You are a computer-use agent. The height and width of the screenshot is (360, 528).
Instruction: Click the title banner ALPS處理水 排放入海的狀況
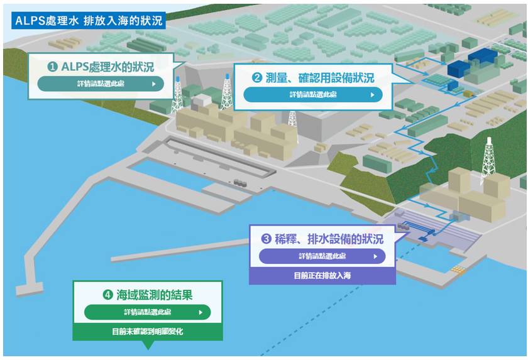point(88,21)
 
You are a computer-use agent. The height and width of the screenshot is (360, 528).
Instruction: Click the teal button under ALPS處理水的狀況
point(101,84)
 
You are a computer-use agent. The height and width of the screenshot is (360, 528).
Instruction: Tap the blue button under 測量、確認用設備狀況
point(313,94)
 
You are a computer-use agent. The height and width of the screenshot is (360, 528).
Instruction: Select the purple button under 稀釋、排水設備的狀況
point(322,256)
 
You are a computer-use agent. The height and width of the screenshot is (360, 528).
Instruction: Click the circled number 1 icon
point(52,67)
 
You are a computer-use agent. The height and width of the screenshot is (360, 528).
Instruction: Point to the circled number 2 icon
point(257,78)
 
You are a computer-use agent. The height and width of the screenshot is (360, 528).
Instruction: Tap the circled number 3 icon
point(266,239)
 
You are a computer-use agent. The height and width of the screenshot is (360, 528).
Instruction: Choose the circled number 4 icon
point(107,295)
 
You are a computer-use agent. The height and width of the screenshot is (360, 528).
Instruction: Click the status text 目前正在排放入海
point(322,276)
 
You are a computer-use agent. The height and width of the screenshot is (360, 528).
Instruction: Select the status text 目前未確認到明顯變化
point(148,332)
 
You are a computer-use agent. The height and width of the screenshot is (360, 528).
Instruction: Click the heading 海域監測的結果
point(155,295)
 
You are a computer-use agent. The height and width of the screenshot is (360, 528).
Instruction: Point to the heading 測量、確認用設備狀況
point(320,78)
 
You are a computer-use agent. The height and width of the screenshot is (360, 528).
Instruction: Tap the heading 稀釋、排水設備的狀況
point(329,239)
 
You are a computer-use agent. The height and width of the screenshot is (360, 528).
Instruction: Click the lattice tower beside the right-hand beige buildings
point(488,161)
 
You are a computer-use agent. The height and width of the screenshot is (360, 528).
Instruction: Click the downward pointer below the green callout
point(148,345)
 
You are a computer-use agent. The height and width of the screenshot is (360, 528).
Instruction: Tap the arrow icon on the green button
point(201,312)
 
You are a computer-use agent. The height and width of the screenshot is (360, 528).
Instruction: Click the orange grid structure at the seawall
point(458,270)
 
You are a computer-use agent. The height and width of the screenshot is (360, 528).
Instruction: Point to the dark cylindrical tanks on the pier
point(240,183)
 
